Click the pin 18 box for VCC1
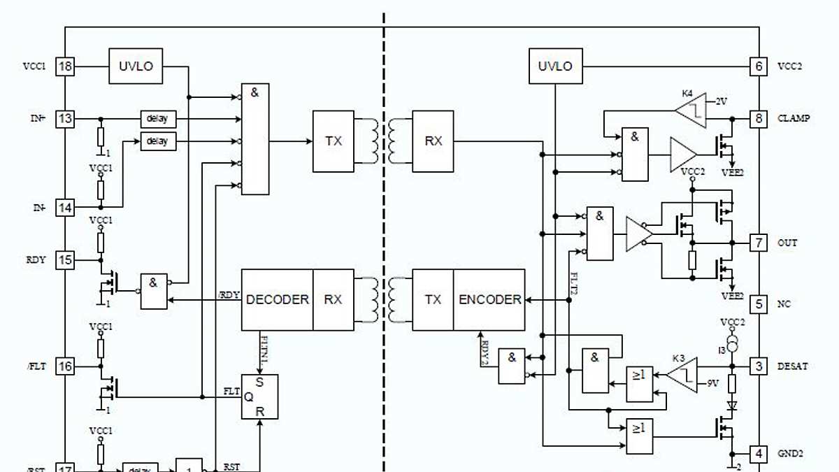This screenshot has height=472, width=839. tap(65, 66)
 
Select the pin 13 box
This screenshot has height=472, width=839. tap(65, 119)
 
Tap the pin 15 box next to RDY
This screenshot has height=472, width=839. tap(65, 260)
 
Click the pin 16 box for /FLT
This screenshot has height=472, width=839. tap(65, 366)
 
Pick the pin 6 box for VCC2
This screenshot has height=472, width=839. tap(759, 66)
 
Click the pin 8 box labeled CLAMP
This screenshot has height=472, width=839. tap(759, 118)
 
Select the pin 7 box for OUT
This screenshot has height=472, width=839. tap(759, 243)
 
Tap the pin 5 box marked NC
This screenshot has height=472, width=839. tap(759, 304)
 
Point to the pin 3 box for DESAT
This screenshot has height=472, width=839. tap(759, 366)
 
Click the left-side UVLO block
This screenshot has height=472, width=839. tap(136, 66)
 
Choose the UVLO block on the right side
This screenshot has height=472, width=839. tap(555, 66)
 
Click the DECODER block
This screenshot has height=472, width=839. tap(277, 299)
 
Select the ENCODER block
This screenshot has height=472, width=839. tap(489, 299)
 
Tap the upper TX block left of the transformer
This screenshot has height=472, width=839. tap(334, 141)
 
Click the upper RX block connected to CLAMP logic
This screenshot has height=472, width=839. tap(433, 141)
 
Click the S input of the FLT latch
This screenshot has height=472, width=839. tap(260, 382)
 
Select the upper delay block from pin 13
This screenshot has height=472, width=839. tap(157, 119)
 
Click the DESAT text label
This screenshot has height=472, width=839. tap(792, 366)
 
